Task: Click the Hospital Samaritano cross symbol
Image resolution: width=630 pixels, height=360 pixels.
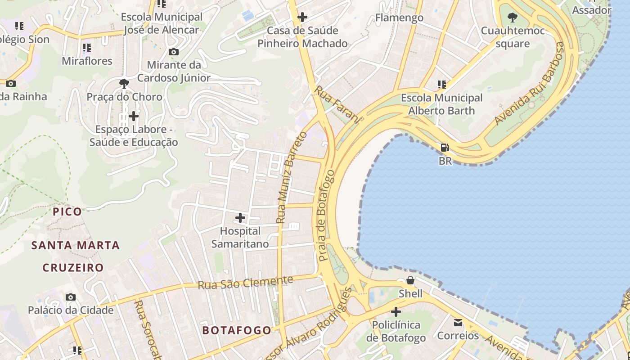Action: coord(240,218)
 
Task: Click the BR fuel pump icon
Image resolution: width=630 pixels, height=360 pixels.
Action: coord(445,148)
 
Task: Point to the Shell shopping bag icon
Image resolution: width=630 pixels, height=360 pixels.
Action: coord(410,280)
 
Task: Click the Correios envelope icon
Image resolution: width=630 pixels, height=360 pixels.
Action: coord(458,323)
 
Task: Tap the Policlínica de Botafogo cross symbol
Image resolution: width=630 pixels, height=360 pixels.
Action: coord(396,311)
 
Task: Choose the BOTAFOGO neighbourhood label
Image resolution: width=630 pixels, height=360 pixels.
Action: coord(237,330)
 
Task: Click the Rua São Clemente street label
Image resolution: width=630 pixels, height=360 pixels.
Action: coord(245,283)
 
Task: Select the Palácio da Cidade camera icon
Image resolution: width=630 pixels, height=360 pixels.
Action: coord(71,297)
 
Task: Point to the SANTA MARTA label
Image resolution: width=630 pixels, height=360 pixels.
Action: coord(76,245)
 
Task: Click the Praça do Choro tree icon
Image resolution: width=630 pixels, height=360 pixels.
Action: coord(124,83)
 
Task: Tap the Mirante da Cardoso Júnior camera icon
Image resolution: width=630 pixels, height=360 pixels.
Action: coord(174,52)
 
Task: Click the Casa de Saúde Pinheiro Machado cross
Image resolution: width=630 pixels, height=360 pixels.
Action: coord(302,18)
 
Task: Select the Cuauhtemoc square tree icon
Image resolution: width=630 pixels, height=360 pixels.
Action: coord(512,18)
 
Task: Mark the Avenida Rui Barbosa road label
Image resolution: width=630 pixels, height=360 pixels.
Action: coord(530,84)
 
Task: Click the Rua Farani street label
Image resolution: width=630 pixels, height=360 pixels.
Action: coord(337,104)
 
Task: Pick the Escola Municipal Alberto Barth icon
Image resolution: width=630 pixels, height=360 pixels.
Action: coord(442,84)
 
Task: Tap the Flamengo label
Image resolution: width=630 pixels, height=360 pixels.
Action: coord(399,18)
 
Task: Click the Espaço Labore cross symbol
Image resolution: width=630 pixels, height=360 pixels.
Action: coord(134,116)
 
